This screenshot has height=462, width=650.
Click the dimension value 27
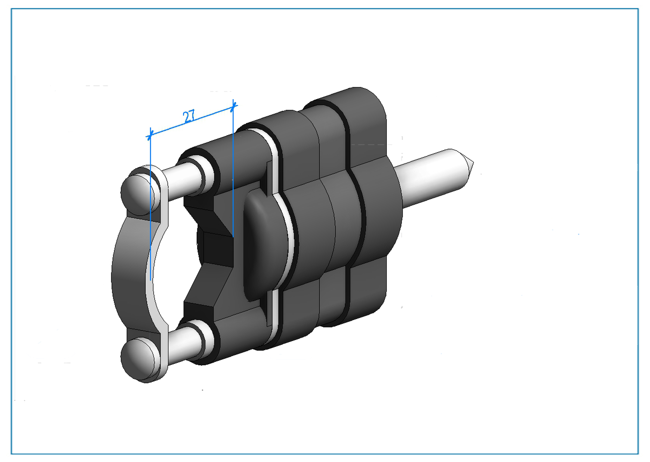(x=189, y=116)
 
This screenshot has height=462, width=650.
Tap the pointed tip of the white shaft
(x=473, y=162)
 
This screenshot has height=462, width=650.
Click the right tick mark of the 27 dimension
(x=233, y=107)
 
